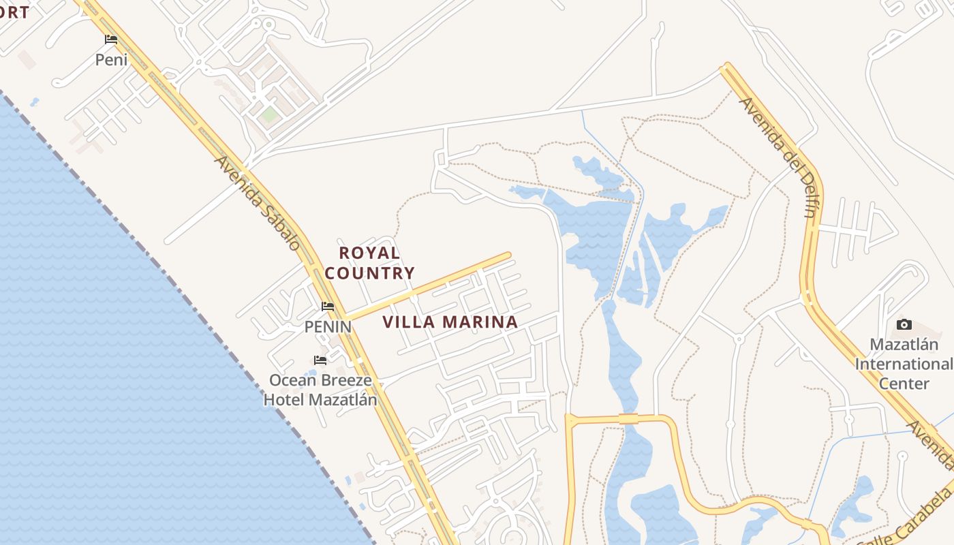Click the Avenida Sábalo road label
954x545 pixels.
(x=258, y=203)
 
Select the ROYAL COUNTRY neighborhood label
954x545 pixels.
(x=369, y=263)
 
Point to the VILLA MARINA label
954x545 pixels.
(x=450, y=322)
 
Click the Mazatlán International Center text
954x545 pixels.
(x=904, y=364)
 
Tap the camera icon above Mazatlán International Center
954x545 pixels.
(x=904, y=324)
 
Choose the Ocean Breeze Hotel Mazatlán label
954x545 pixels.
(x=320, y=390)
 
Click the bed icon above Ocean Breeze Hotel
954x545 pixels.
(x=320, y=360)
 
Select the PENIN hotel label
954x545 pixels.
(x=328, y=327)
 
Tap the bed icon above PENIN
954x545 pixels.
(x=328, y=307)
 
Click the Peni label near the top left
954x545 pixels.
(x=111, y=60)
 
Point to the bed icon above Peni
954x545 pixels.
(x=111, y=40)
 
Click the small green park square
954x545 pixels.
(x=270, y=114)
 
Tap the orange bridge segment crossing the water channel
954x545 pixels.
(x=628, y=418)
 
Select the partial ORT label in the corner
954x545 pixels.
(x=14, y=12)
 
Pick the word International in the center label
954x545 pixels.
(x=904, y=364)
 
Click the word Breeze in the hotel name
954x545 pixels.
(x=347, y=380)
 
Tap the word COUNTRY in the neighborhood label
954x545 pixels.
(x=369, y=273)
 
